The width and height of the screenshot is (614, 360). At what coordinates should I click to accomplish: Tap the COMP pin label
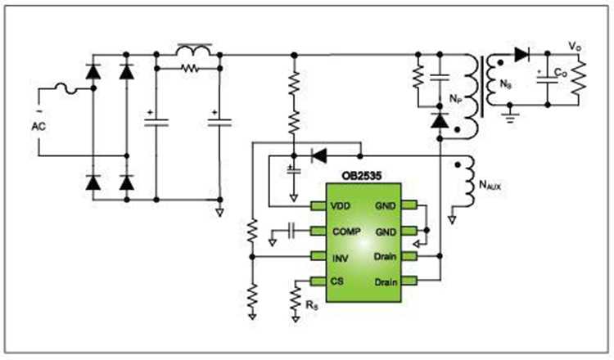point(345,232)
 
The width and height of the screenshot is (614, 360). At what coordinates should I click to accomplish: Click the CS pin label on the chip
point(337,281)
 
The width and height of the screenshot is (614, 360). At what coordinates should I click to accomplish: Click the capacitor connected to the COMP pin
point(291,232)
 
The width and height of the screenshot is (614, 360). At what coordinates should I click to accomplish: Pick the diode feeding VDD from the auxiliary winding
point(319,152)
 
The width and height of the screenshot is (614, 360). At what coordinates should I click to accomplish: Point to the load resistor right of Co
point(580,79)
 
